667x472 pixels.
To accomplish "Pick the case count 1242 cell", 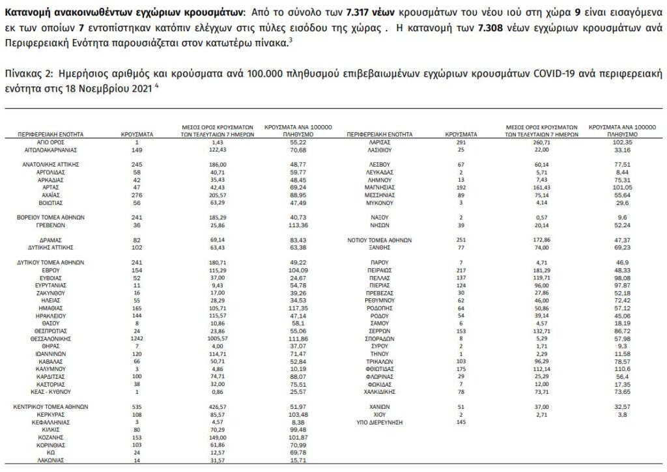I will tap(137, 339).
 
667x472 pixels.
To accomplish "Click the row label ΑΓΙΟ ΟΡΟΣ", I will tap(50, 141).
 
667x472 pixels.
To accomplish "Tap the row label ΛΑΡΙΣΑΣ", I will tap(378, 141).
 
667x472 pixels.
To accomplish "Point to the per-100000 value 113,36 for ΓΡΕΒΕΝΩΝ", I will tap(296, 225).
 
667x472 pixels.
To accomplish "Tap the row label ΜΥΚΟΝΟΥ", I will tap(378, 203).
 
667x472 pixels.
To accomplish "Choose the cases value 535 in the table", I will tap(137, 406).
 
